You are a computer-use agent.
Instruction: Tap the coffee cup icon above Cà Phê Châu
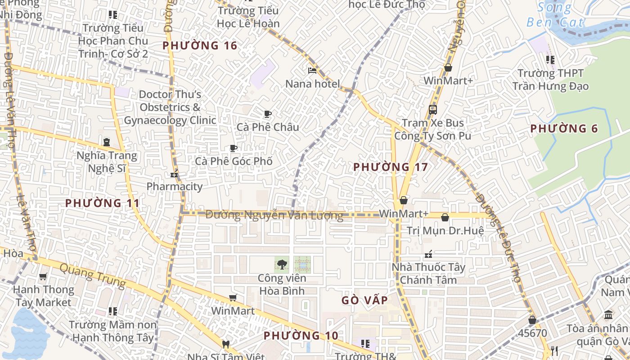[268, 114]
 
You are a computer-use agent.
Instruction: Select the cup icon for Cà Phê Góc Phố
[233, 148]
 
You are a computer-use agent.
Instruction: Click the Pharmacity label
[175, 186]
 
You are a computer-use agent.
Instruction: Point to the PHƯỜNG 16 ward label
[200, 45]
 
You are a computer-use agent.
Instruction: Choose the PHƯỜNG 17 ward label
[391, 167]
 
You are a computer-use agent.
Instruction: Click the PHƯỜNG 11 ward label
[103, 203]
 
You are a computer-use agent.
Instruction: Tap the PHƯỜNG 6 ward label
[564, 129]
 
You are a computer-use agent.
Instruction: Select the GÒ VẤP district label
[364, 300]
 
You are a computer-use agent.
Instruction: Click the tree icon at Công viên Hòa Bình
[282, 265]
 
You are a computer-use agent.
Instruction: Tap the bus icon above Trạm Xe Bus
[432, 109]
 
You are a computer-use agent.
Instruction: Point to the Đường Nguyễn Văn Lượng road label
[274, 216]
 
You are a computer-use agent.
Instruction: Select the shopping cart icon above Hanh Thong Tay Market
[43, 277]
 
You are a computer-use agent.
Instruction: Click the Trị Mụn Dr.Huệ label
[445, 231]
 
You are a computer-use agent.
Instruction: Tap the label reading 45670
[532, 333]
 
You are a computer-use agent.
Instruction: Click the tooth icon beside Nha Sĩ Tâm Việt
[226, 345]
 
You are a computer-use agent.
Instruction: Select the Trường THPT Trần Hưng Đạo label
[550, 79]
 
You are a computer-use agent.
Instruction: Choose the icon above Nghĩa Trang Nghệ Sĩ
[106, 142]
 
